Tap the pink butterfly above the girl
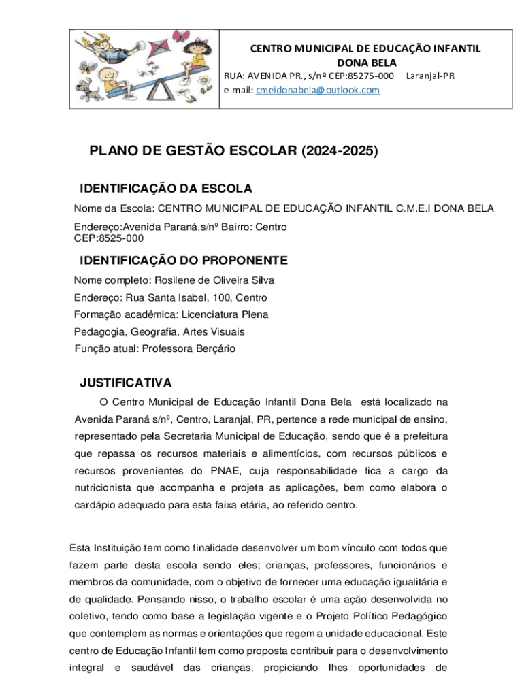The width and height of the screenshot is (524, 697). pos(180,36)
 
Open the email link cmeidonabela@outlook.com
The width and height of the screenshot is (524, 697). pos(317,90)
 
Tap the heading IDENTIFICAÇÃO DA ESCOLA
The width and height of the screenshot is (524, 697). pos(166,188)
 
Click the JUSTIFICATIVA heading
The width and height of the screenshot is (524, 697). pos(125,383)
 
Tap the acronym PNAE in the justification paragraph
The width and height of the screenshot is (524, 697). pos(225,471)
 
